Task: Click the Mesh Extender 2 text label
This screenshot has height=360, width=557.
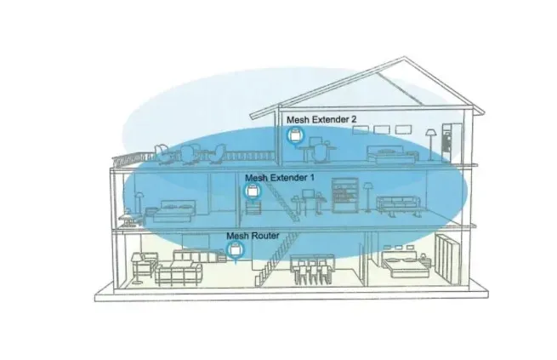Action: pyautogui.click(x=321, y=119)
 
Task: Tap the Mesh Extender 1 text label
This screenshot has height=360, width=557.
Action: pyautogui.click(x=280, y=177)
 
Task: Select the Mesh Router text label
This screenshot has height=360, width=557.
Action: pyautogui.click(x=253, y=236)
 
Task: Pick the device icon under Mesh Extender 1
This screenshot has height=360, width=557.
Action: pyautogui.click(x=253, y=191)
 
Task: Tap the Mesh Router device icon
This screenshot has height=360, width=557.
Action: pyautogui.click(x=236, y=249)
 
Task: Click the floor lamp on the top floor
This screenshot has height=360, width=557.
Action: pyautogui.click(x=430, y=145)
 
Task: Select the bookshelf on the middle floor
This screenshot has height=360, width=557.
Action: pyautogui.click(x=345, y=195)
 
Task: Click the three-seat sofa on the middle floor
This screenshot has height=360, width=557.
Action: pyautogui.click(x=399, y=206)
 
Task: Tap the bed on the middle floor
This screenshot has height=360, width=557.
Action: pyautogui.click(x=171, y=212)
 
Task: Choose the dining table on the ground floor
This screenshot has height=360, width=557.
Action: pyautogui.click(x=312, y=268)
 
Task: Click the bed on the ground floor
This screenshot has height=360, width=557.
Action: pyautogui.click(x=406, y=265)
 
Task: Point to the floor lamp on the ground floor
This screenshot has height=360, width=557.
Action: pyautogui.click(x=136, y=268)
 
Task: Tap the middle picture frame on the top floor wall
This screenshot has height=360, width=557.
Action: pyautogui.click(x=382, y=129)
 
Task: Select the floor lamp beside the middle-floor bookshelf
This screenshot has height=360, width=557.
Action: pyautogui.click(x=367, y=197)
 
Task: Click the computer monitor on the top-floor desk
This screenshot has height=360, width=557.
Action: pyautogui.click(x=315, y=140)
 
